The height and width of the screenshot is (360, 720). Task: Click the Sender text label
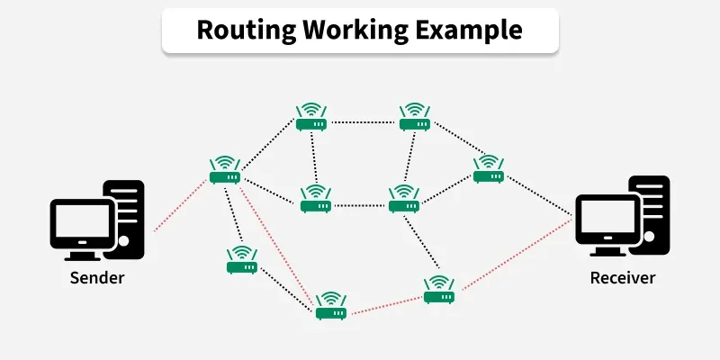(x=97, y=277)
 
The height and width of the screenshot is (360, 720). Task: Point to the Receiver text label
(x=623, y=277)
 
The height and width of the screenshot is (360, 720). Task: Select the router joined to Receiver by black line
(x=489, y=168)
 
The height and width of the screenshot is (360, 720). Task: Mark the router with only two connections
(x=242, y=262)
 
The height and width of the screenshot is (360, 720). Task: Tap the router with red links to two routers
(x=331, y=307)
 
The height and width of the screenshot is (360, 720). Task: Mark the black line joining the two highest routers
(x=364, y=119)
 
